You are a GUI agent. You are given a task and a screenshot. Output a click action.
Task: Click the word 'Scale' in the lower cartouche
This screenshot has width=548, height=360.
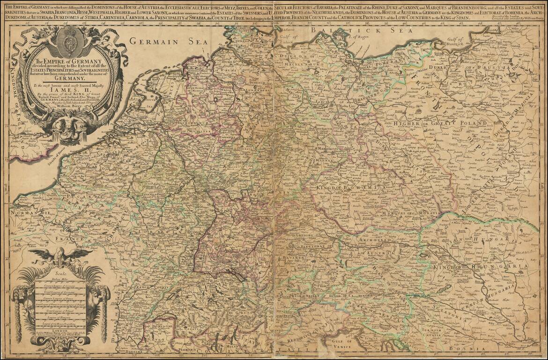[x=61, y=275]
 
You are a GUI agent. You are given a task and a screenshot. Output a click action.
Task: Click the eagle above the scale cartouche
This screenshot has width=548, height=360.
[x=60, y=255]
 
